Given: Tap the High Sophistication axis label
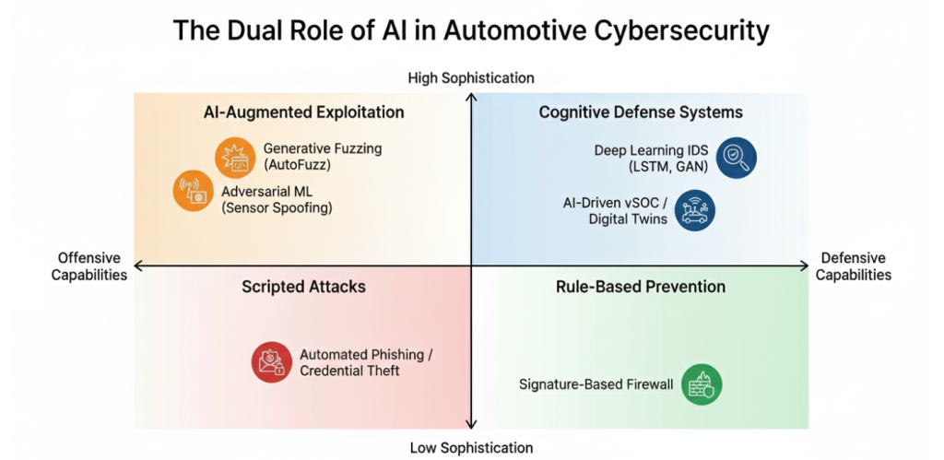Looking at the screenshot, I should [471, 78].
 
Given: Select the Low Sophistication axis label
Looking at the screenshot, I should [471, 448].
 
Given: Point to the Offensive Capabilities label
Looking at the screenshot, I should [89, 266].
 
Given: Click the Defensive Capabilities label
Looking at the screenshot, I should [854, 266].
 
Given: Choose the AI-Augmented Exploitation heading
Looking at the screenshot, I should [304, 112].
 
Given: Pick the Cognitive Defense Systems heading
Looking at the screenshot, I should [641, 112].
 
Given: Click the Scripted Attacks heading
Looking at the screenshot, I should [304, 287].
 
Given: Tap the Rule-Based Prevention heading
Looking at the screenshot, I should [641, 287].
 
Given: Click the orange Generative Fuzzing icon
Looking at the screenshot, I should [235, 157].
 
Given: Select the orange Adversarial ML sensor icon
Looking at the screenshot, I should [194, 192].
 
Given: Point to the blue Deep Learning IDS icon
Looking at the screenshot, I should [736, 157].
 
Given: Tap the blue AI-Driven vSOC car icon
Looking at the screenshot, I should [694, 210].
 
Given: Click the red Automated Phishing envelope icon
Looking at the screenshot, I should [272, 362].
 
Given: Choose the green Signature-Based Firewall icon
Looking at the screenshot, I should [702, 384].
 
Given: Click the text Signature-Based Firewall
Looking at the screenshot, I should [596, 384].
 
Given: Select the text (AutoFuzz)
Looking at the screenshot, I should [296, 165].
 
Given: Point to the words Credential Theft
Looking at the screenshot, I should [349, 371].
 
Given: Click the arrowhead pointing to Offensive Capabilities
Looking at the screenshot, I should [138, 266].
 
